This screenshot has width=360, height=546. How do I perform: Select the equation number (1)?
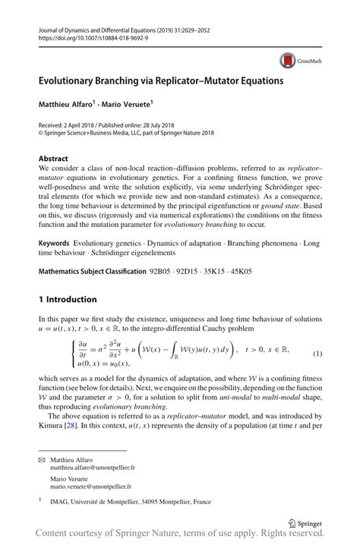[317, 355]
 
